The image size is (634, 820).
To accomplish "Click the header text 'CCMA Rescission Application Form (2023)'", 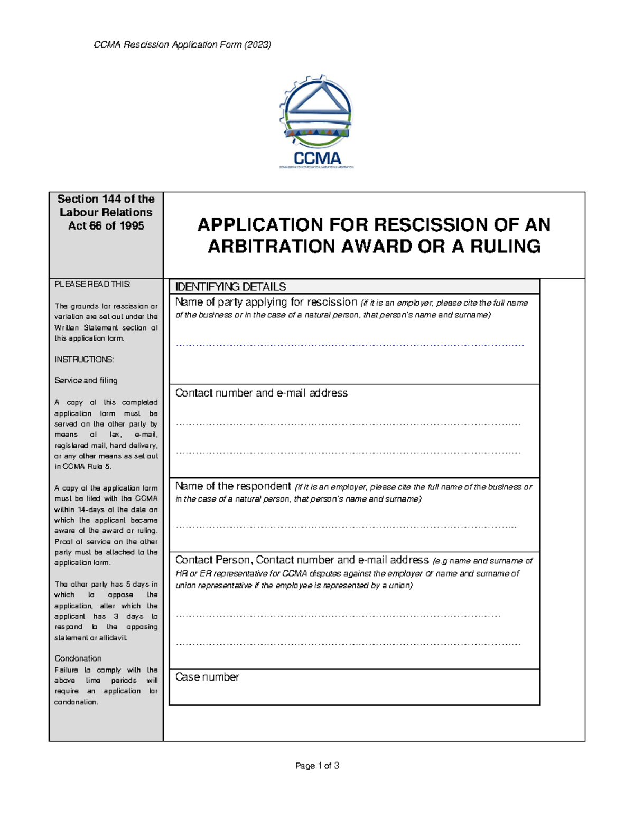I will click(x=182, y=45).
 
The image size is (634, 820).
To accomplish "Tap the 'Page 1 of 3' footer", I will click(x=317, y=766).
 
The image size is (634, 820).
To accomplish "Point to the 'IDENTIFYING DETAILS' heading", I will click(x=230, y=287).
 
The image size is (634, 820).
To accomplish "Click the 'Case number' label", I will click(x=207, y=677).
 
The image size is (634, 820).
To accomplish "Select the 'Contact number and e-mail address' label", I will click(x=261, y=393).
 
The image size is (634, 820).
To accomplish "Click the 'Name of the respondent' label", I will click(x=233, y=486).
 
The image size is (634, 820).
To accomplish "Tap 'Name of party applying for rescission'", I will click(x=266, y=302).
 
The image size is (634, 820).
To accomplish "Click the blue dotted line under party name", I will click(x=349, y=345).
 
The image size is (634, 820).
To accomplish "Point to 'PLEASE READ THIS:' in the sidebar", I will click(x=92, y=284).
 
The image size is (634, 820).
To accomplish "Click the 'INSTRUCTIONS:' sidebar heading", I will click(x=84, y=360).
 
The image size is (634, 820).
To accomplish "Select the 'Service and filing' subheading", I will click(x=86, y=380).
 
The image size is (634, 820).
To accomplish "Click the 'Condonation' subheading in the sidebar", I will click(x=78, y=658).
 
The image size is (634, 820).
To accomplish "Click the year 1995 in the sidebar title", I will click(x=131, y=225).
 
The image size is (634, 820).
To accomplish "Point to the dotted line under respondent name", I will click(x=346, y=527).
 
